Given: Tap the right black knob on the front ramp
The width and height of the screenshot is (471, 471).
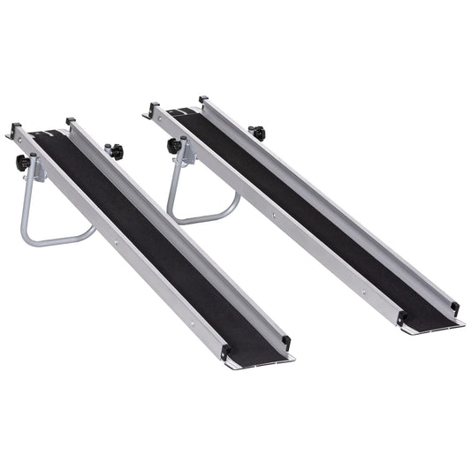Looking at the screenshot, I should click(114, 151).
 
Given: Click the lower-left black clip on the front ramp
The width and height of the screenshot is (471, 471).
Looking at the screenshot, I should click(224, 351).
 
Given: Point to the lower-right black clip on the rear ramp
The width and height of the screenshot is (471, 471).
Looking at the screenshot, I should click(454, 307).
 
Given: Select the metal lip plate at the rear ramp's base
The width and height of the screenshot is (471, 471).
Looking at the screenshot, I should click(433, 324).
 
